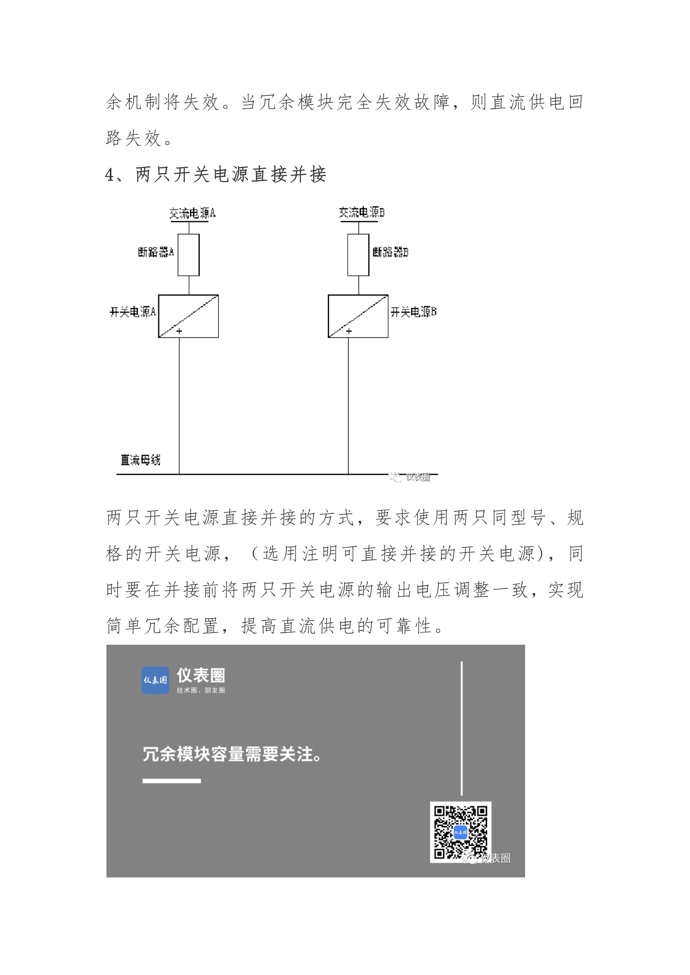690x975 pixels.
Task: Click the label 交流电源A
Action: tap(192, 213)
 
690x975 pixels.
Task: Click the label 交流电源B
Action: tap(361, 212)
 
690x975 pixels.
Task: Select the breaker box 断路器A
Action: tap(188, 255)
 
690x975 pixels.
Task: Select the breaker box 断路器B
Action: tap(358, 255)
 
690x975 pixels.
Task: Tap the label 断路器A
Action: tap(156, 252)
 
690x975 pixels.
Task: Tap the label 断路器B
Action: tap(390, 252)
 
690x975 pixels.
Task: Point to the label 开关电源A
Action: tap(133, 312)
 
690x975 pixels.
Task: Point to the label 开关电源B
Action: tap(413, 312)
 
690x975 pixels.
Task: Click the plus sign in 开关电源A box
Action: tap(179, 331)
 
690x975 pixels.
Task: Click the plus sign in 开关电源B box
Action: tap(349, 331)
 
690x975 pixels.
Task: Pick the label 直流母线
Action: tap(140, 460)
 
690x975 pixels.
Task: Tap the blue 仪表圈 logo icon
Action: tap(155, 680)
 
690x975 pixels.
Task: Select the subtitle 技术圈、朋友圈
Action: tap(201, 690)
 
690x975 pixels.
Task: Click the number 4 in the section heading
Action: tap(110, 175)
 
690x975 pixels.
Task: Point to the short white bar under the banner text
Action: tap(171, 781)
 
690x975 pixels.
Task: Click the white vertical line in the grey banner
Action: tap(462, 728)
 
